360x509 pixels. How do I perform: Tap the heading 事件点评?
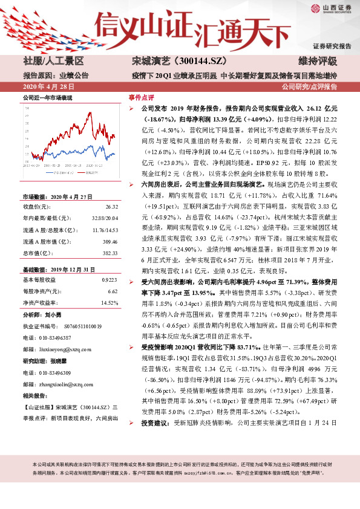141,97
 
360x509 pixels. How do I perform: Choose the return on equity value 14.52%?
108,302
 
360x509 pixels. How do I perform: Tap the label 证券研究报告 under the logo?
332,46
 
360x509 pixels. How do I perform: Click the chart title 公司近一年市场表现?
47,97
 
